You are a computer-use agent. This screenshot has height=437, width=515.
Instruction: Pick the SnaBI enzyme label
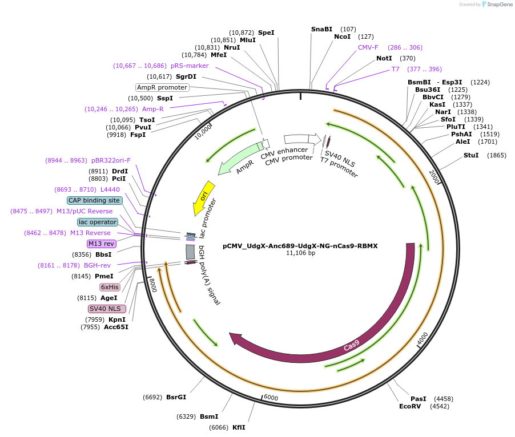tap(321, 29)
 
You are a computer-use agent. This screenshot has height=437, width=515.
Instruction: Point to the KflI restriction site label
tap(239, 427)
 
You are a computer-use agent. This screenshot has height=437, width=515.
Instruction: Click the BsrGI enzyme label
tap(176, 397)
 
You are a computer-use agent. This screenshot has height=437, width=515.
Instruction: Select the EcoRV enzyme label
tap(410, 407)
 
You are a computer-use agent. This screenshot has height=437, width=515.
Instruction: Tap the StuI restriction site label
tap(472, 155)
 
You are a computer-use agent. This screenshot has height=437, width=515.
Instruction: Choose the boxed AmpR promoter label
tap(162, 87)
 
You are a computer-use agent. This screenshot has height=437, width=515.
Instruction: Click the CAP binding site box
tap(94, 200)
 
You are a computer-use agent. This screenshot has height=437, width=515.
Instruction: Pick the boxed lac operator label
tap(98, 222)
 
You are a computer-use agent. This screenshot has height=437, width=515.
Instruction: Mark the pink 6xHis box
tap(110, 287)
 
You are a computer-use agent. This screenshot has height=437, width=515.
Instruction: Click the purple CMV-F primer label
tap(368, 47)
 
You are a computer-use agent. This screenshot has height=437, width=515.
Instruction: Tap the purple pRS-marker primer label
tap(190, 66)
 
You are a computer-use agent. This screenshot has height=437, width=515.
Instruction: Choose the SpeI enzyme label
tap(266, 33)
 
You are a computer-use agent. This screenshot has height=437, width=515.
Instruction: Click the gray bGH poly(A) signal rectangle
tap(191, 252)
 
